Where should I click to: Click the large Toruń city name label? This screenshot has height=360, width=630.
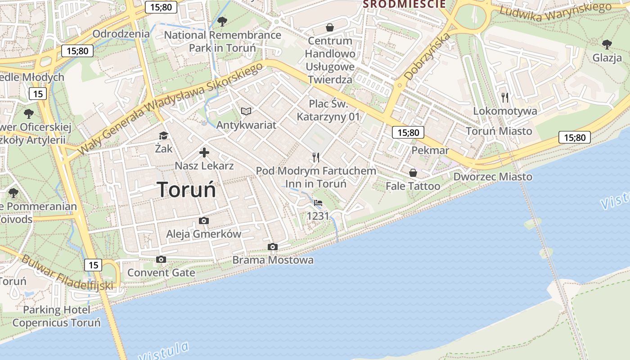187,189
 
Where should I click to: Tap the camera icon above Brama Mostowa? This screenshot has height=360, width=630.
272,247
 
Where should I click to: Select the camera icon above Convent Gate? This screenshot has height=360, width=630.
161,259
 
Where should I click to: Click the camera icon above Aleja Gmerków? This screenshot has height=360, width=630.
204,220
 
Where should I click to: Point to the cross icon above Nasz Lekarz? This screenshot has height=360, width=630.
204,153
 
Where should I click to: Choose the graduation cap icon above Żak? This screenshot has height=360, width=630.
163,135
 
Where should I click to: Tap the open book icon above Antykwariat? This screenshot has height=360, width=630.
246,111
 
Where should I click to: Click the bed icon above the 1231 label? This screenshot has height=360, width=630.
318,203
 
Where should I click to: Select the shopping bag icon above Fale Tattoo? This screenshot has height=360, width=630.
413,173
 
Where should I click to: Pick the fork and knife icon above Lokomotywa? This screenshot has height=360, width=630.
505,97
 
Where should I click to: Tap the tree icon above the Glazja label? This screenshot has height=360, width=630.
607,44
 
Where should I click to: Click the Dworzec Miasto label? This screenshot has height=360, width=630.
493,176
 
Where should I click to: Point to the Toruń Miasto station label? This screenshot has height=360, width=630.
499,131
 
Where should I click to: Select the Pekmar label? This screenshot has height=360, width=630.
430,150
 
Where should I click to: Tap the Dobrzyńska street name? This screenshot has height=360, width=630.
427,57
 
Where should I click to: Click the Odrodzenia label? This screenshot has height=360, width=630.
121,34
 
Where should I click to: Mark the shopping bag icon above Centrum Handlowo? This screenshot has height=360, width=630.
330,27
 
